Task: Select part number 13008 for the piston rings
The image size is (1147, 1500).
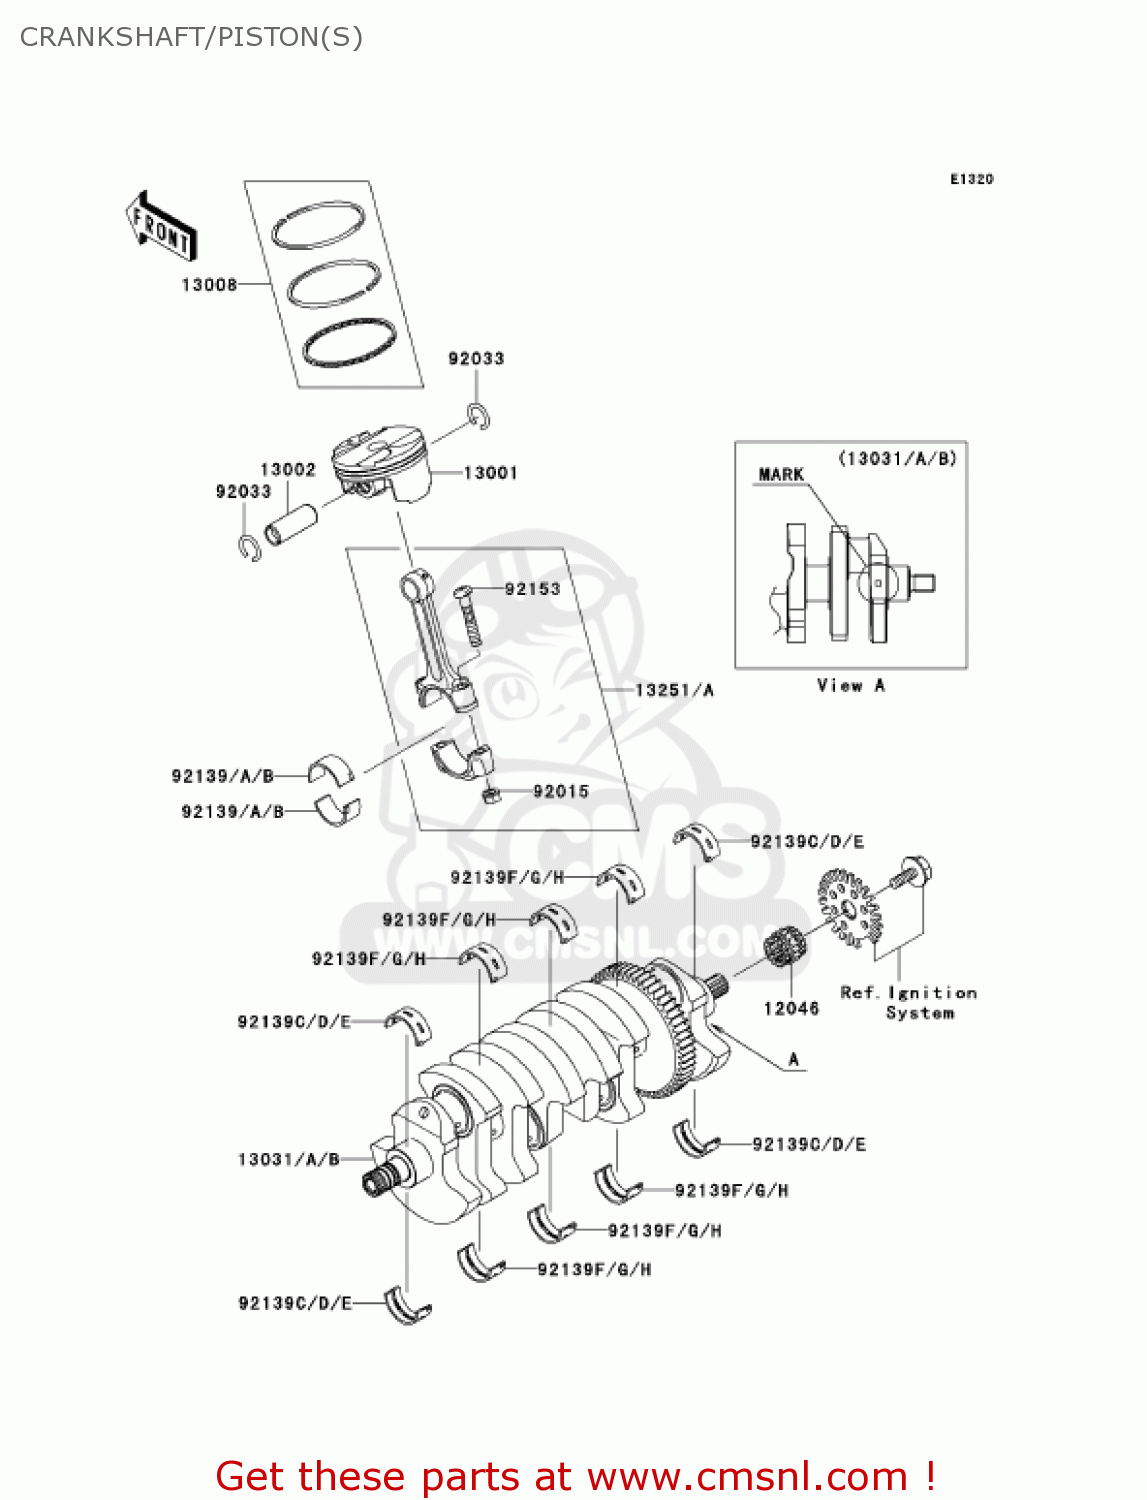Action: click(209, 285)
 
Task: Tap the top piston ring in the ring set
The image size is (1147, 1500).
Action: click(318, 225)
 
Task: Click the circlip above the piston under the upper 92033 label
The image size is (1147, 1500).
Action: click(479, 416)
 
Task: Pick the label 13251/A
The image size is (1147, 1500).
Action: click(674, 690)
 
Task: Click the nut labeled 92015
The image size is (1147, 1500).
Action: click(490, 796)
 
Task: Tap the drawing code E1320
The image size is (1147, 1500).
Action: click(971, 179)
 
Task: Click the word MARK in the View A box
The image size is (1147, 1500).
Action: click(781, 475)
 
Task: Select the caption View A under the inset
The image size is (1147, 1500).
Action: click(850, 686)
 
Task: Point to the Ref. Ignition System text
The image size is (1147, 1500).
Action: click(908, 1002)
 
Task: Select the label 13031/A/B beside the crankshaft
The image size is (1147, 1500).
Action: click(288, 1160)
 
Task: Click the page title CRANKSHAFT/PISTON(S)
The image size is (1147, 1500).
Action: click(191, 37)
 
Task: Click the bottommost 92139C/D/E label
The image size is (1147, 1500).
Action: click(295, 1303)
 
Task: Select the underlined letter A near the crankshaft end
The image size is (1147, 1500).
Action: click(794, 1060)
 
